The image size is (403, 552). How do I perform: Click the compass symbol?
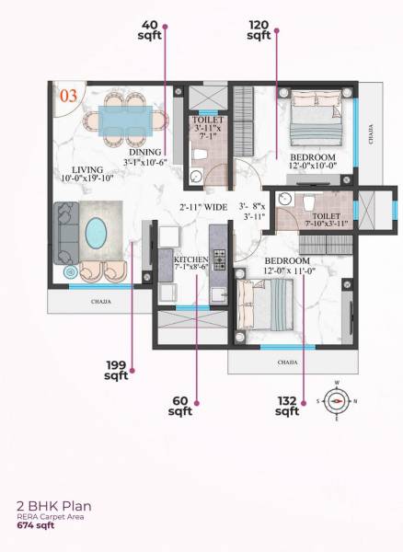[338, 400]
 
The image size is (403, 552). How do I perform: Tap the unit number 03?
[68, 95]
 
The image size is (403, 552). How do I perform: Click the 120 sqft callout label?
[259, 29]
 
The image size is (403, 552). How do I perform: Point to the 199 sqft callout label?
[116, 370]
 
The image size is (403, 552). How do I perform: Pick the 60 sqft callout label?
[180, 407]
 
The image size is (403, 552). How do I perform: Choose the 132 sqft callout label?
[288, 406]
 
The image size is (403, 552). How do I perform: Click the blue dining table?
[130, 120]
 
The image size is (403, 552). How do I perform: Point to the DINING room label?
[145, 152]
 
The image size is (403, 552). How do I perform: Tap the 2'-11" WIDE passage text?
[203, 208]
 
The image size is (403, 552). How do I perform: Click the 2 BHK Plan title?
[53, 505]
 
